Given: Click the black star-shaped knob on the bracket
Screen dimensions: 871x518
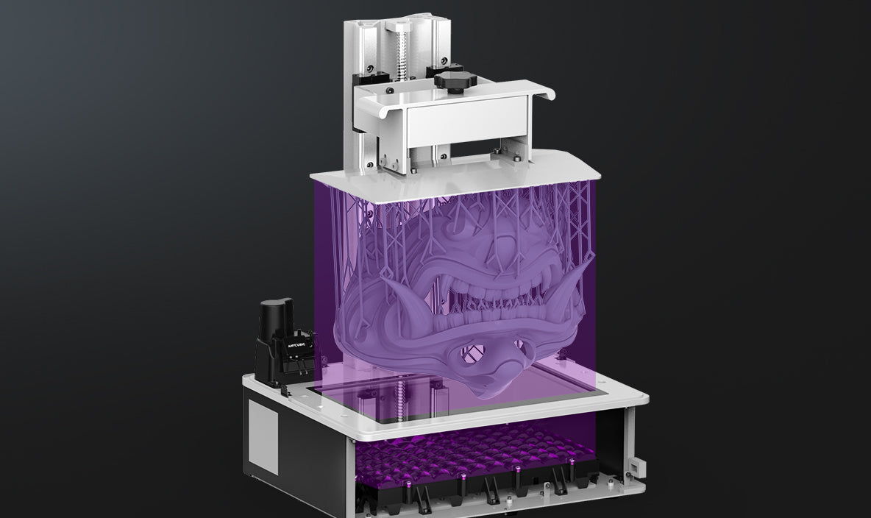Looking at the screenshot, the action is point(455,81).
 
